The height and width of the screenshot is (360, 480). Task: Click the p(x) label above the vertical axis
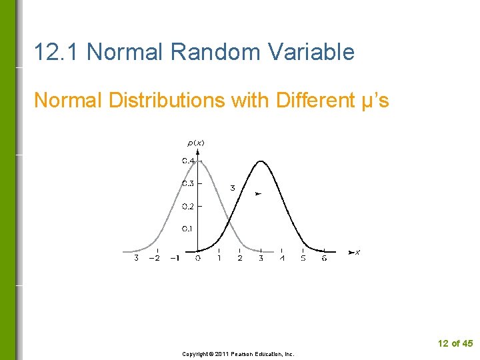[195, 143]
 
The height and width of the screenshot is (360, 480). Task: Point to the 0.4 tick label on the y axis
[188, 161]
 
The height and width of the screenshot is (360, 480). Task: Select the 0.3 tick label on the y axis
[188, 183]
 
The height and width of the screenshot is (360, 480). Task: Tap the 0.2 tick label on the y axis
[188, 206]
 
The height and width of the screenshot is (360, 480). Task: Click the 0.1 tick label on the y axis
[188, 229]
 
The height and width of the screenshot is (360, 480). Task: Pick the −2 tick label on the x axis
[154, 258]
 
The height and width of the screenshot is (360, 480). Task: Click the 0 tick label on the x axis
[198, 258]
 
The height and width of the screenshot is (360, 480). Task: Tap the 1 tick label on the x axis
[219, 258]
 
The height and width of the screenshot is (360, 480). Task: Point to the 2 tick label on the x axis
[240, 258]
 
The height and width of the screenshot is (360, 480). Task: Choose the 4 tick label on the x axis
[282, 258]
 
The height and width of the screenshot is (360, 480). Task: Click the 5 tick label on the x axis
[303, 258]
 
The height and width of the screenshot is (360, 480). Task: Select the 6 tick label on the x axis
[324, 258]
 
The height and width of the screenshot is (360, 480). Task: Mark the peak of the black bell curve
[261, 161]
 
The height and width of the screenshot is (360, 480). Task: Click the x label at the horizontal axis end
[358, 252]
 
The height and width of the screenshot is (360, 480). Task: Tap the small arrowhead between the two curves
[258, 193]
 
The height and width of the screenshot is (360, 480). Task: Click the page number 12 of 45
[455, 343]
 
